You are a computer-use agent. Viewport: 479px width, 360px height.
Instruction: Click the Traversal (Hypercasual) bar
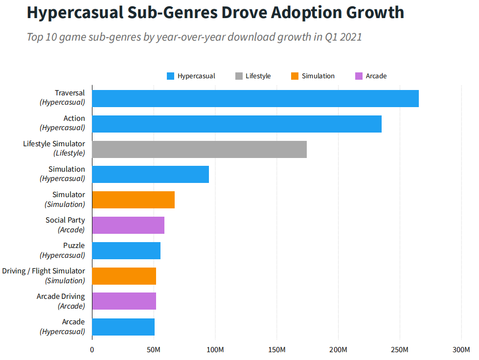pyautogui.click(x=255, y=99)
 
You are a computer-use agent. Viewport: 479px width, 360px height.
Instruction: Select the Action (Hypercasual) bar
pyautogui.click(x=236, y=124)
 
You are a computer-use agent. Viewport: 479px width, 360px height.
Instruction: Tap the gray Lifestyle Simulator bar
pyautogui.click(x=199, y=150)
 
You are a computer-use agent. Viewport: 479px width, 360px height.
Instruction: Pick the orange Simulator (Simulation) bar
pyautogui.click(x=133, y=200)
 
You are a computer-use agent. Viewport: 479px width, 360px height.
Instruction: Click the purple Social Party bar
pyautogui.click(x=128, y=225)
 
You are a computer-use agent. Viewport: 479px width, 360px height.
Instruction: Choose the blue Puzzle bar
pyautogui.click(x=126, y=251)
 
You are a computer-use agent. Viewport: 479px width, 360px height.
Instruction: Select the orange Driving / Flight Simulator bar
pyautogui.click(x=124, y=276)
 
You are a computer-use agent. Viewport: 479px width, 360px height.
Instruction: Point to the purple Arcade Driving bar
pyautogui.click(x=124, y=302)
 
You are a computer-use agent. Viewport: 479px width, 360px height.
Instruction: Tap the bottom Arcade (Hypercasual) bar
pyautogui.click(x=123, y=327)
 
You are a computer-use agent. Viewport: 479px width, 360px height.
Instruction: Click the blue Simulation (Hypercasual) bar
pyautogui.click(x=150, y=175)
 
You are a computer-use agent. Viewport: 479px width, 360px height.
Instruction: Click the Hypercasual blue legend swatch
pyautogui.click(x=170, y=76)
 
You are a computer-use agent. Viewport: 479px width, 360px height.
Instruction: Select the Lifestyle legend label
pyautogui.click(x=258, y=76)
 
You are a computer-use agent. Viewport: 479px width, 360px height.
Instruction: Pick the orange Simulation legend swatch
pyautogui.click(x=295, y=76)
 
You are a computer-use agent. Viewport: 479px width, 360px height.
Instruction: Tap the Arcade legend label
pyautogui.click(x=376, y=76)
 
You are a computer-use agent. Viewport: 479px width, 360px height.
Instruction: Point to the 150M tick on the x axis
pyautogui.click(x=277, y=350)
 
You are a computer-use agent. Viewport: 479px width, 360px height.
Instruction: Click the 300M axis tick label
pyautogui.click(x=461, y=350)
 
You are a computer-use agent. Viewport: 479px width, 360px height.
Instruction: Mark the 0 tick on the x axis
pyautogui.click(x=92, y=350)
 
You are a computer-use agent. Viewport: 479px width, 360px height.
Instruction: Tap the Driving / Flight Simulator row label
pyautogui.click(x=44, y=271)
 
